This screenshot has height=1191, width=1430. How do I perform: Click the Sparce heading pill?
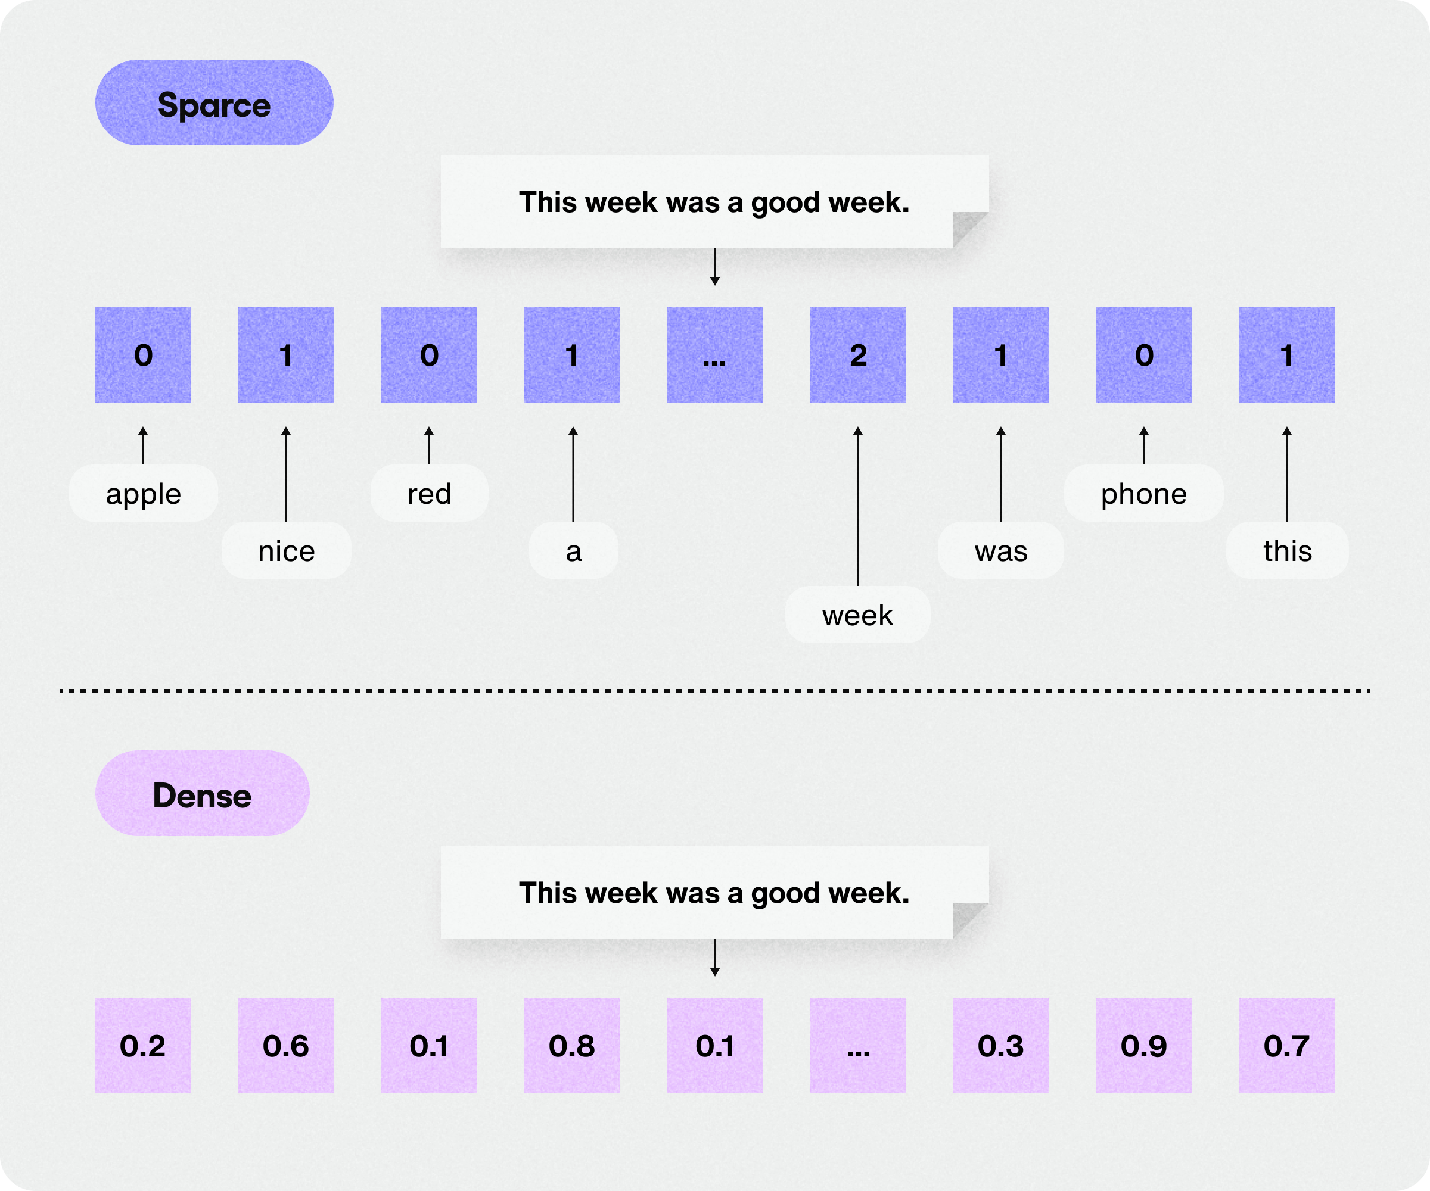pos(214,103)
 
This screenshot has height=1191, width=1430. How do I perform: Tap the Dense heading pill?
pos(202,794)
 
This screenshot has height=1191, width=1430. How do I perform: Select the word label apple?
pos(143,494)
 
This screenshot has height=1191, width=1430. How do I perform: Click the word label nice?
pos(286,551)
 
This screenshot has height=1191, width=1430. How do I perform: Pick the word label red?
pos(429,494)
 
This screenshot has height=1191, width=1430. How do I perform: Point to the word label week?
pos(857,615)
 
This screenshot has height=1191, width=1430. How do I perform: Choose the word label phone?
pos(1143,494)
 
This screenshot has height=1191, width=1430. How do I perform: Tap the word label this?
pos(1287,551)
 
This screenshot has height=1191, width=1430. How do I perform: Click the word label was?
pos(1000,551)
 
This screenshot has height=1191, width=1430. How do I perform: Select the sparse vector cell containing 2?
pos(857,354)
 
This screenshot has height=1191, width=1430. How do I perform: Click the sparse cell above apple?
pos(143,354)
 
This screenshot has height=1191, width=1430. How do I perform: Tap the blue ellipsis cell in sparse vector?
pos(714,354)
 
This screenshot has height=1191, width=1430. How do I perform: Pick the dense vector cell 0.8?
pos(571,1045)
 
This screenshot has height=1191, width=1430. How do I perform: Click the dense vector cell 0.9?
pos(1143,1045)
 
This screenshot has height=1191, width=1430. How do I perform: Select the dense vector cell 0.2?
pos(143,1045)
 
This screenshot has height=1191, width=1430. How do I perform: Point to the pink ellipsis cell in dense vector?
pos(857,1045)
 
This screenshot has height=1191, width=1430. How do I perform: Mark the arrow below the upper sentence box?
pos(714,266)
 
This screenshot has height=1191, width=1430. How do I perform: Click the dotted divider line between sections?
pos(714,690)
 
